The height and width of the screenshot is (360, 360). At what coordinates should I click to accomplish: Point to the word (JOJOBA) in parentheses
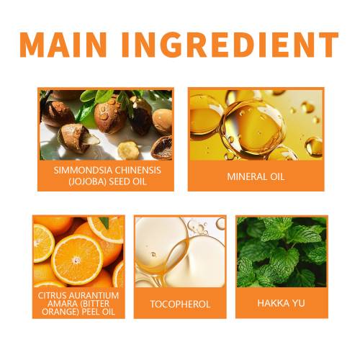click(87, 181)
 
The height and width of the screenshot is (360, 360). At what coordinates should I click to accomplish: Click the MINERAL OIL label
click(256, 177)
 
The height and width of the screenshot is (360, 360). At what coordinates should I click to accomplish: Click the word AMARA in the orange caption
click(61, 304)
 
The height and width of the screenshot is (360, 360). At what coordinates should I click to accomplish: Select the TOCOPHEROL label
click(180, 305)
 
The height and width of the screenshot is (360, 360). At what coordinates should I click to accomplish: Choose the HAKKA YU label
click(281, 303)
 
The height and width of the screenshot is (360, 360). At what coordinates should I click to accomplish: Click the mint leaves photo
click(282, 252)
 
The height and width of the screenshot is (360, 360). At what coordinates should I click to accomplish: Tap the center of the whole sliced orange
click(77, 260)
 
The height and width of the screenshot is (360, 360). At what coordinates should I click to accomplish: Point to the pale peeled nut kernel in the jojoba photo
click(128, 150)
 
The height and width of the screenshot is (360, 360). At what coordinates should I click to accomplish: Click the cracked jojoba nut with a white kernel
click(77, 138)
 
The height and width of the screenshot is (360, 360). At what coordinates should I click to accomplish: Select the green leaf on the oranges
click(104, 222)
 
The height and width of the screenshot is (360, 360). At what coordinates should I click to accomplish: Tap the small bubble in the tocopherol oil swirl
click(153, 254)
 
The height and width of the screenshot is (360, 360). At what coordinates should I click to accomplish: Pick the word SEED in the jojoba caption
click(117, 181)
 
